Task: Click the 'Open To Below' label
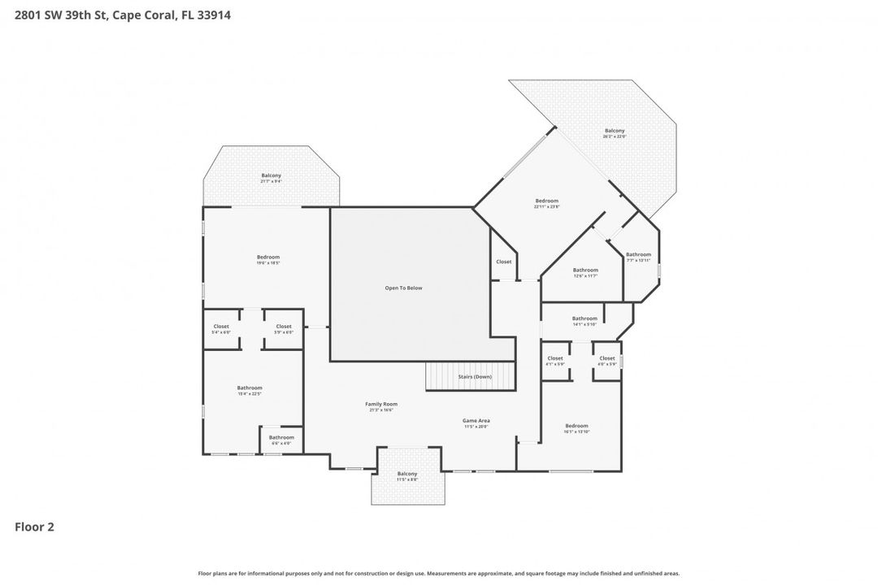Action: coord(403,288)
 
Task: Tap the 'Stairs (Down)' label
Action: coord(472,377)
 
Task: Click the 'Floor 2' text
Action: coord(34,526)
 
